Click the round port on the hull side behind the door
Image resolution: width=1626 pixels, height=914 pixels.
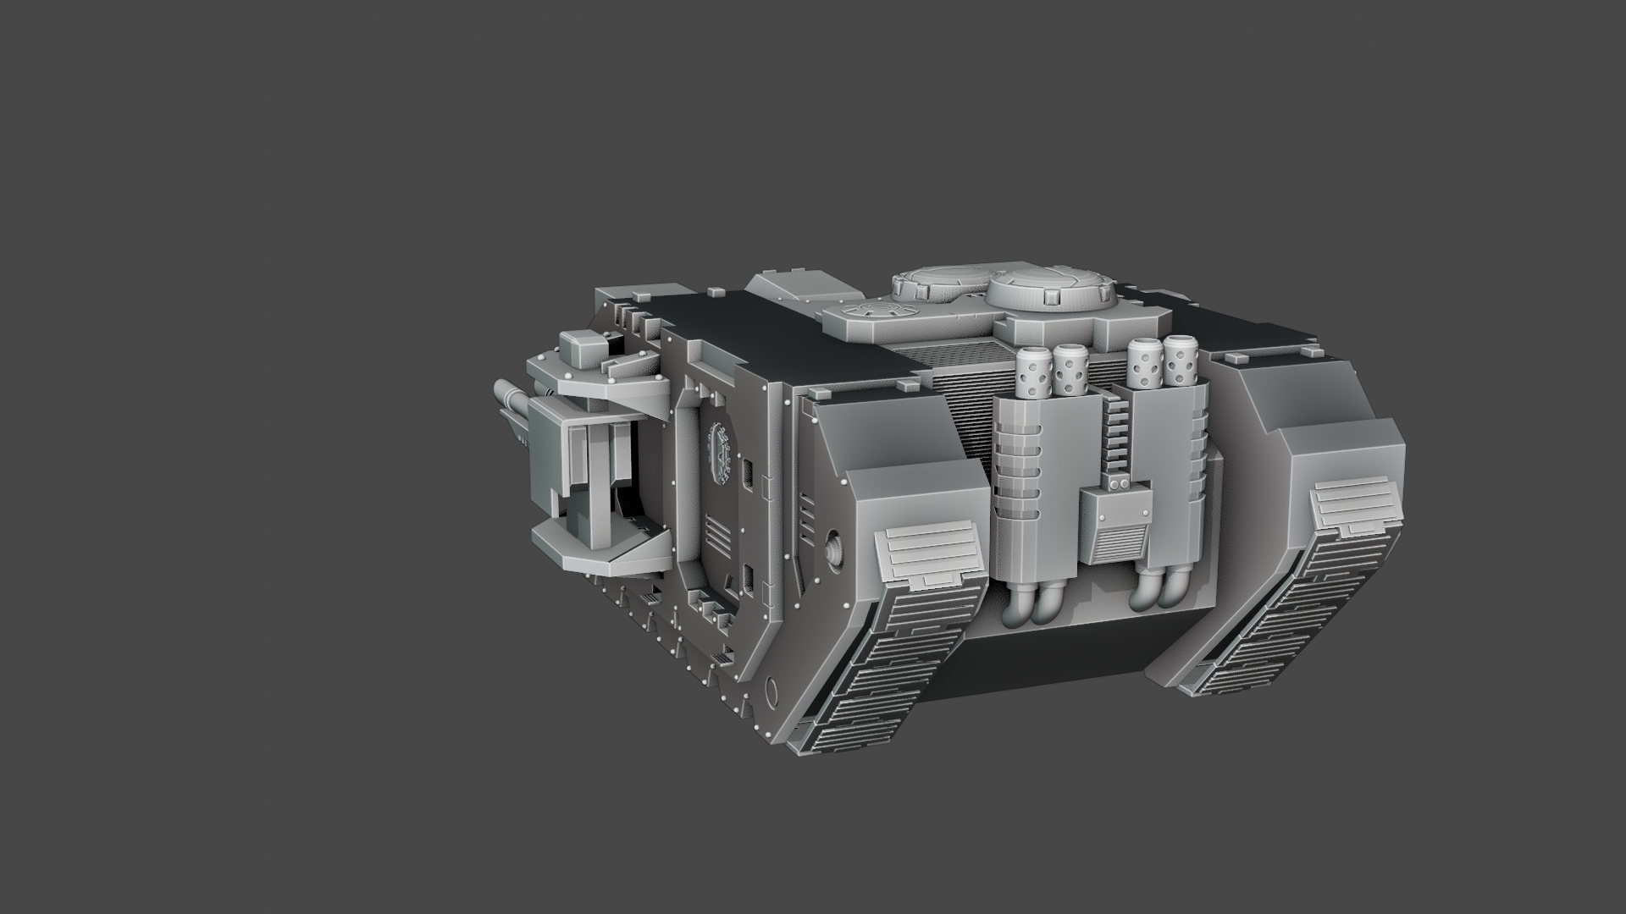coord(833,548)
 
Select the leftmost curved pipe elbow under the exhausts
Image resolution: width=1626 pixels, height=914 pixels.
coord(1015,608)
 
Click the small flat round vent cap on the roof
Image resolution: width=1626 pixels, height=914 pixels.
coord(872,311)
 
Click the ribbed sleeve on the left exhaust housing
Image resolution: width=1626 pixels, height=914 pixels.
coord(1015,470)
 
